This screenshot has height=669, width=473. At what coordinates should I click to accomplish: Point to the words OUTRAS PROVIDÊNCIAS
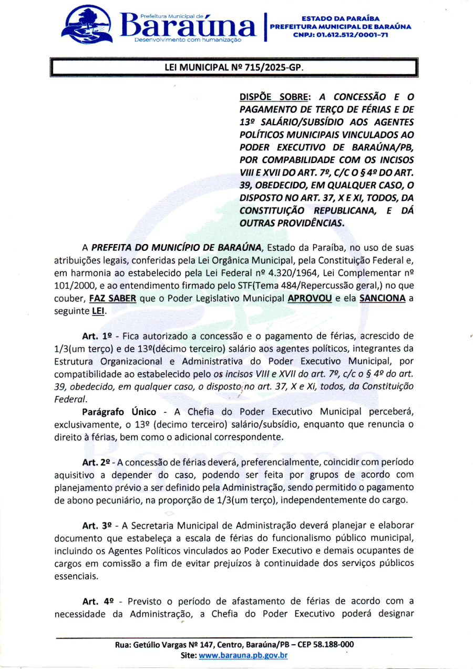(x=292, y=222)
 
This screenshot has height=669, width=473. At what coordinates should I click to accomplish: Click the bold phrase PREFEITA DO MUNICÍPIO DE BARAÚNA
(x=177, y=247)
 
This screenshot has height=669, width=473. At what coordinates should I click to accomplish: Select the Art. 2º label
(x=97, y=462)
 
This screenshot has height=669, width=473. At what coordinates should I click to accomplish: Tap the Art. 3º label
(x=97, y=525)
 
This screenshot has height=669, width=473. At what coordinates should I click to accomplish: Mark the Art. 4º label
(x=97, y=601)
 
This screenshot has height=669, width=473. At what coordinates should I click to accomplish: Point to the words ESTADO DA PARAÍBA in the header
(x=340, y=19)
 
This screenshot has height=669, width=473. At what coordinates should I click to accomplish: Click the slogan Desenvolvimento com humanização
(x=188, y=39)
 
